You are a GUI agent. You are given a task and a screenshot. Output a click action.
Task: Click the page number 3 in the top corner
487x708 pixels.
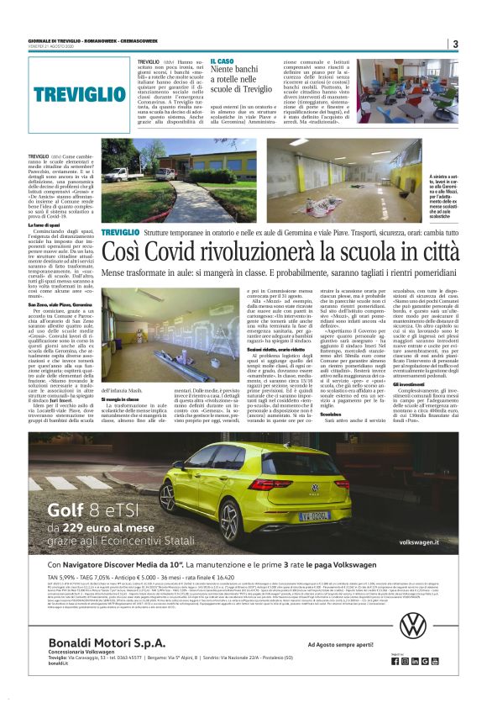click(x=454, y=44)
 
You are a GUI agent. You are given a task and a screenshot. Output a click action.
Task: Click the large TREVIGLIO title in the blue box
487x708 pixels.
click(x=80, y=94)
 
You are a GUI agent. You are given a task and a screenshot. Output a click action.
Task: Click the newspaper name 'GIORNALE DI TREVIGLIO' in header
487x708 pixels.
click(x=57, y=39)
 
